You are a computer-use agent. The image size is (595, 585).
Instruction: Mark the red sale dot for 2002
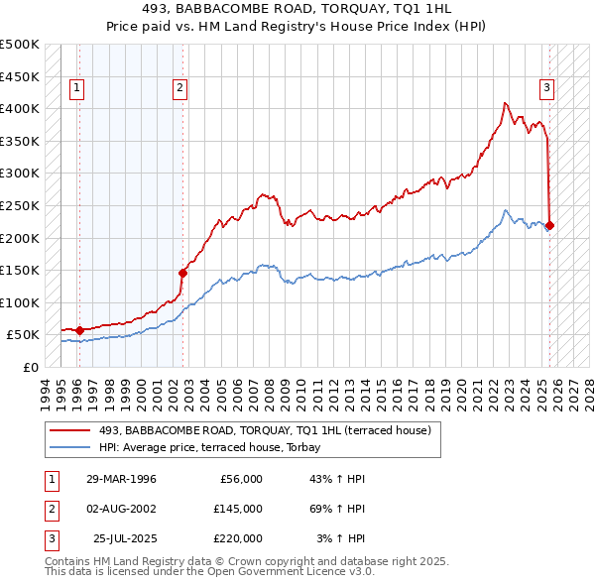coord(182,273)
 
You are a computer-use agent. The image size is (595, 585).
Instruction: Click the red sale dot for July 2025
coord(550,225)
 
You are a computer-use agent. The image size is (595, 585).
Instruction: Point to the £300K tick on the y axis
coord(20,174)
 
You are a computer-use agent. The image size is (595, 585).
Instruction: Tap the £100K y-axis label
coord(20,302)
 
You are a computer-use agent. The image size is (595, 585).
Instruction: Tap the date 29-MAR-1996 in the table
coord(121,479)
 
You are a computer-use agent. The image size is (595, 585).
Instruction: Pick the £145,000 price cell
coord(238,508)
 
